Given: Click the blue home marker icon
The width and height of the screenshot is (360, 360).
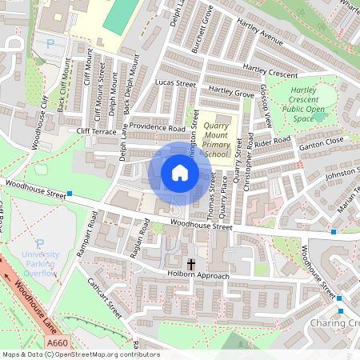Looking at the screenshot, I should (180, 173).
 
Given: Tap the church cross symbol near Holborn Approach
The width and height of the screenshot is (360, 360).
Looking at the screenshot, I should (191, 263).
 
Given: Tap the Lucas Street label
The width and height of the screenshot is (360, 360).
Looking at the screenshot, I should (175, 83).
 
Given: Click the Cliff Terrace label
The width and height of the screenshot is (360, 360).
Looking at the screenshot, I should (97, 130).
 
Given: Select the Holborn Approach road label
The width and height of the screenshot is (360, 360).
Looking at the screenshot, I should (198, 277).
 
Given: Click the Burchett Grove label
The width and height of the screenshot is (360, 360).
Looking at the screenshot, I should (202, 30).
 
